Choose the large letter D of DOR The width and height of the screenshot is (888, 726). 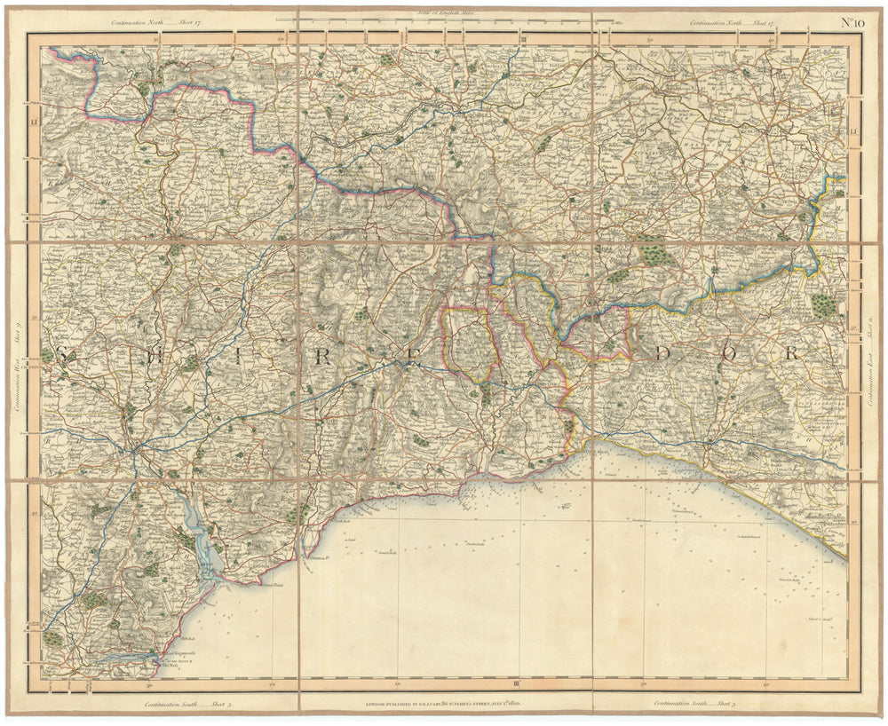pos(662,353)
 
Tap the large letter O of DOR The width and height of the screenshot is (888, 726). pos(728,353)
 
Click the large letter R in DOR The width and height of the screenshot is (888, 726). pos(795,353)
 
